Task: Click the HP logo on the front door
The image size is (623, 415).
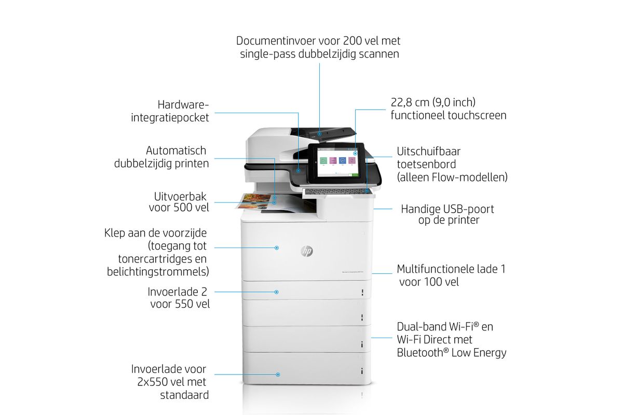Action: (x=307, y=251)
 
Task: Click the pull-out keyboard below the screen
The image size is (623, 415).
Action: (x=338, y=191)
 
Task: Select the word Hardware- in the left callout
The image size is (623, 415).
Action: (x=183, y=105)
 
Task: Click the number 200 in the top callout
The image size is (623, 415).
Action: (x=352, y=41)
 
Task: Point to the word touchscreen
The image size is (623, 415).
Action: (x=478, y=115)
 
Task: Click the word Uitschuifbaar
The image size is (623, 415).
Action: (x=429, y=151)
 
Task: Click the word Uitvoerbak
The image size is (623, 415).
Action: (x=180, y=197)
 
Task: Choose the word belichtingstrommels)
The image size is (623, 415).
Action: (x=158, y=272)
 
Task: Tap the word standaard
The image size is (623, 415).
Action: (x=184, y=395)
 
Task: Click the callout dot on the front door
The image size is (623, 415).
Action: (x=276, y=247)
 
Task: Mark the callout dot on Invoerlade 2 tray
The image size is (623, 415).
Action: (x=276, y=292)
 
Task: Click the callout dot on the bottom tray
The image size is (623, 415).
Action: (x=278, y=375)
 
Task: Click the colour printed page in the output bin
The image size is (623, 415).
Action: (x=254, y=201)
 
